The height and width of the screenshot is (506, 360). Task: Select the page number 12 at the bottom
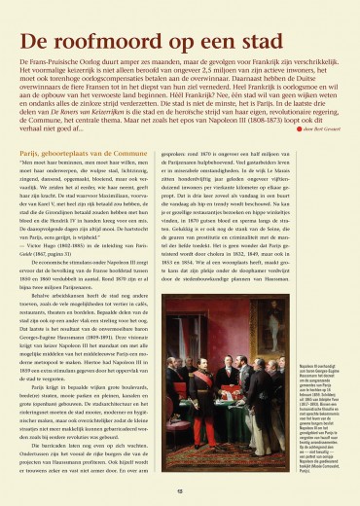click(179, 491)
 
